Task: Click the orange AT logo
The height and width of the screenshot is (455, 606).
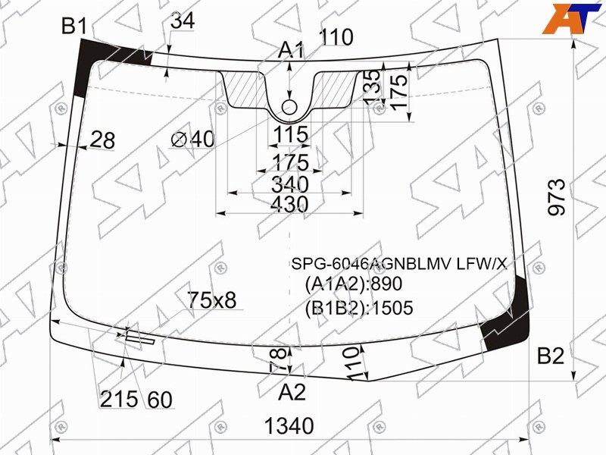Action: (x=571, y=18)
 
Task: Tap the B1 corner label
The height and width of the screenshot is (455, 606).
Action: (x=74, y=27)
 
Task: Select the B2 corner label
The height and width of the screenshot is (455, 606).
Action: (x=551, y=356)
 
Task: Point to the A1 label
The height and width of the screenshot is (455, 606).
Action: (x=291, y=50)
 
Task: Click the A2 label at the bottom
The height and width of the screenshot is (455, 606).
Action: (x=292, y=392)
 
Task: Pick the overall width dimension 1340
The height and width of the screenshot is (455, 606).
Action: (x=289, y=426)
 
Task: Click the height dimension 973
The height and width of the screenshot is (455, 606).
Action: (x=557, y=197)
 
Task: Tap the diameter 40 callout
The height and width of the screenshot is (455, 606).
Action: (x=192, y=139)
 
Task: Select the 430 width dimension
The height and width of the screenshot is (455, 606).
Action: (x=289, y=204)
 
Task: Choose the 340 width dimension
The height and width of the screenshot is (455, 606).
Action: (x=290, y=184)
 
